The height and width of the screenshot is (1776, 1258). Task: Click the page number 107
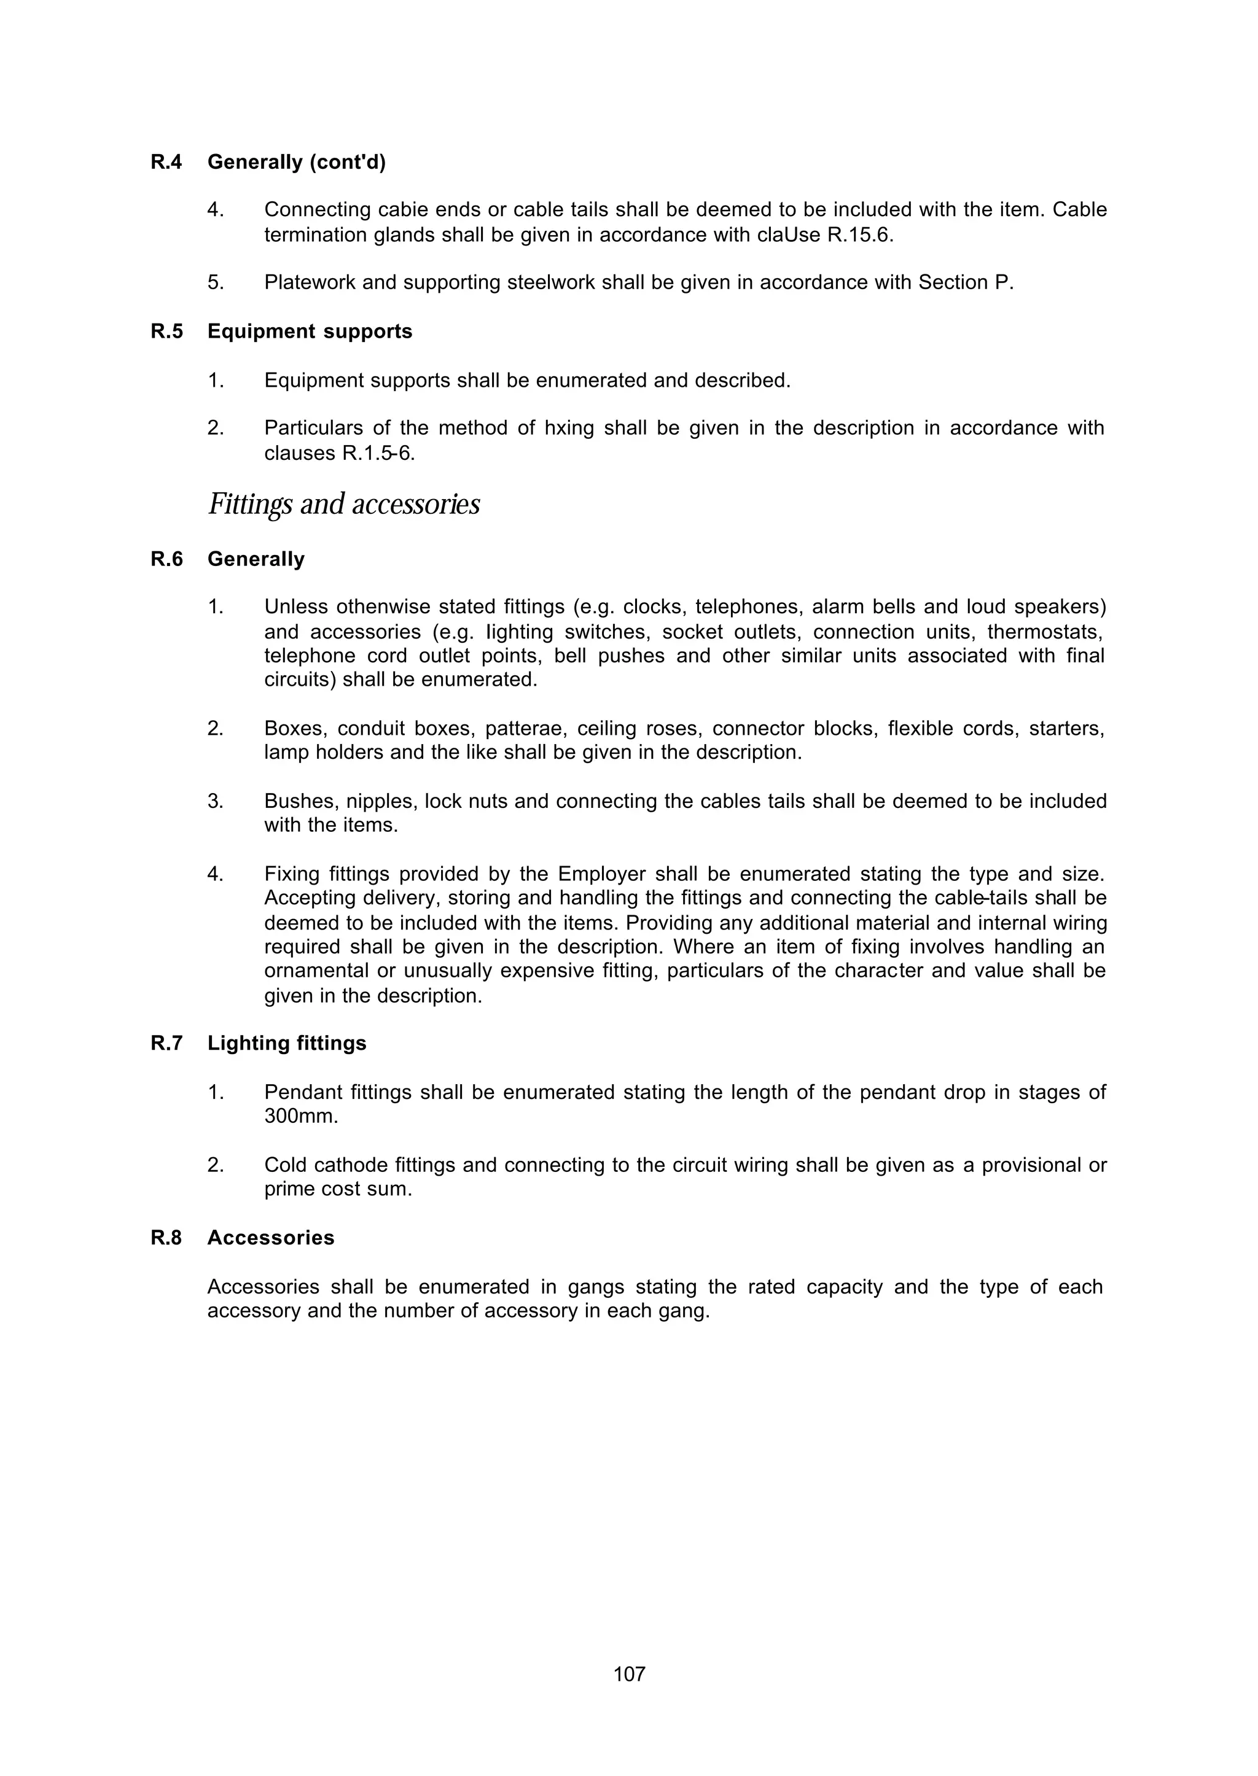629,1674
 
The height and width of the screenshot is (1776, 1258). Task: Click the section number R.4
166,162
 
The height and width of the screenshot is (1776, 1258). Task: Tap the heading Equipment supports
310,332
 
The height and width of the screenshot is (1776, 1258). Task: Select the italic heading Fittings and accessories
344,504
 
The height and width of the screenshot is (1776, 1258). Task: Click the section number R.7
166,1043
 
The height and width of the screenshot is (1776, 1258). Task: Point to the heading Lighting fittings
287,1043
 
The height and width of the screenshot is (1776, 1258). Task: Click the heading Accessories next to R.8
271,1237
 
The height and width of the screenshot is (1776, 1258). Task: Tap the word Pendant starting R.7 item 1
303,1092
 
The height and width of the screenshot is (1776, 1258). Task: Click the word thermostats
1045,632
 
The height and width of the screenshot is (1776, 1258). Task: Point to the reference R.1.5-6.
378,453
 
